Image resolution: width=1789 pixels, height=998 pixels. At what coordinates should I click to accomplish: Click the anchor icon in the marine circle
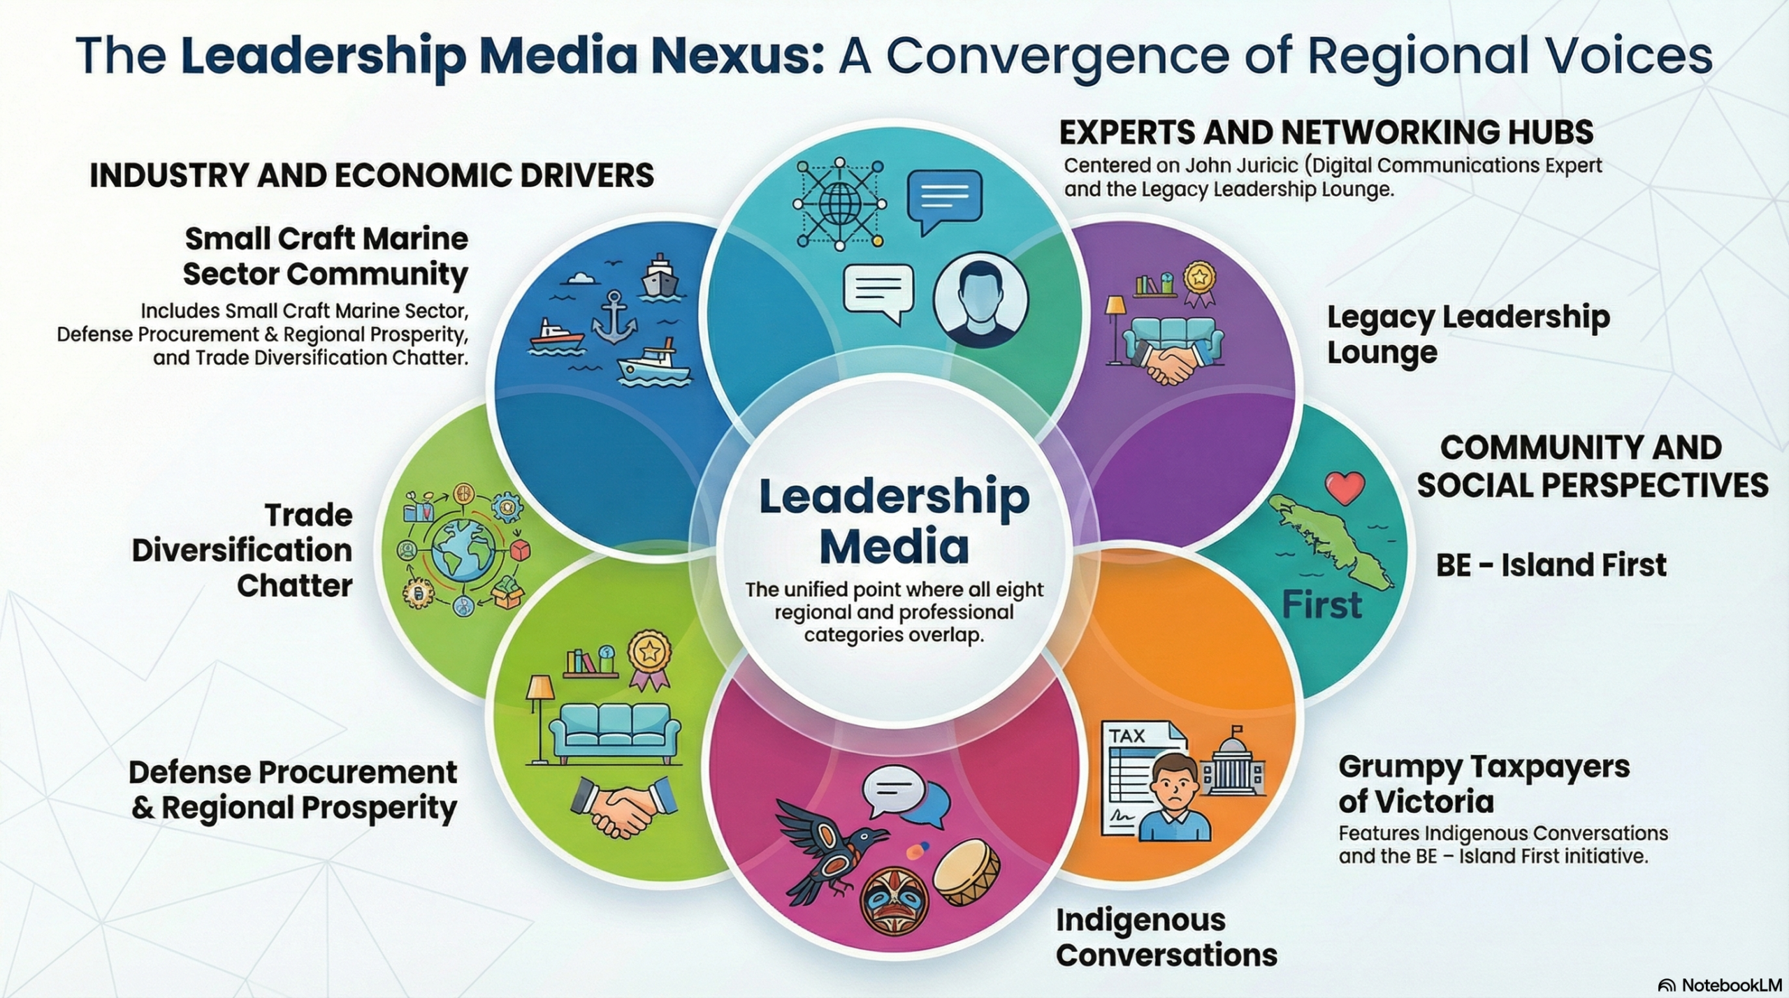coord(614,318)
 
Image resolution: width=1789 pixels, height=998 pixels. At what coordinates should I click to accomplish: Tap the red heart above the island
coord(1345,487)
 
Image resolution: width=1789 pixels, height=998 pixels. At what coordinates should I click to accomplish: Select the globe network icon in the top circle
coord(839,204)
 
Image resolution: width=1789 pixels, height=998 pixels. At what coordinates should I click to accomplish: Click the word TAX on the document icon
coord(1127,735)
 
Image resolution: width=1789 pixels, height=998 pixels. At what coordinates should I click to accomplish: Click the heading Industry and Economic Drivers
coord(372,175)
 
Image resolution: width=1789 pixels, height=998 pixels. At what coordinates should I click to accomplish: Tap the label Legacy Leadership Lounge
coord(1468,334)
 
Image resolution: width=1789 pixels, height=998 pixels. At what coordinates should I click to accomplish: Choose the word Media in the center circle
coord(894,547)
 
